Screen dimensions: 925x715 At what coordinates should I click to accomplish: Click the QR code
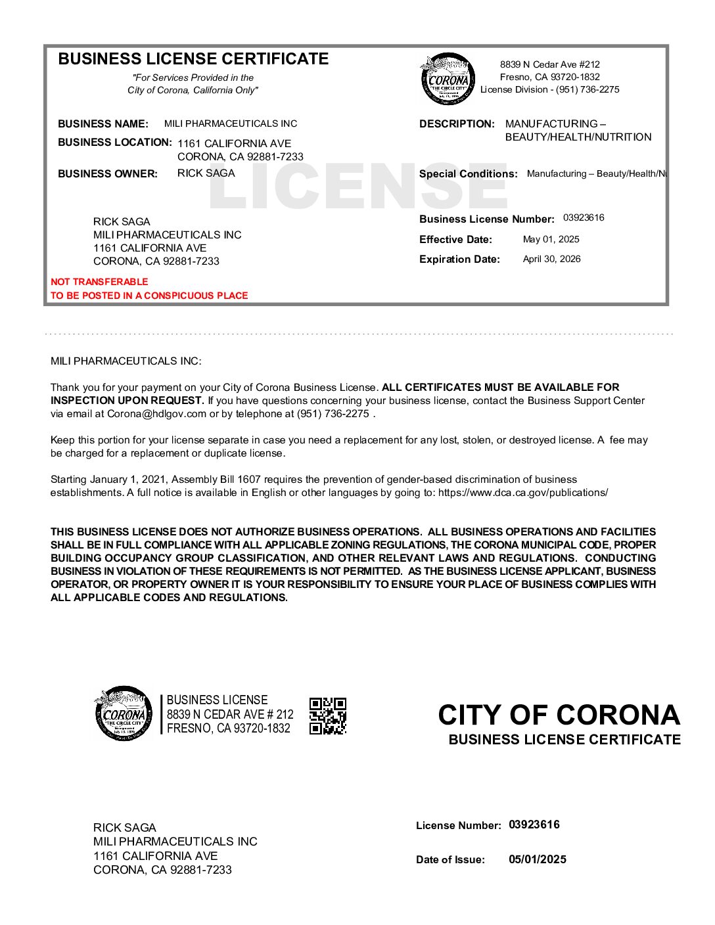tap(328, 715)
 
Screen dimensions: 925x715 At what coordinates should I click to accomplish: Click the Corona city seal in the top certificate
tap(448, 79)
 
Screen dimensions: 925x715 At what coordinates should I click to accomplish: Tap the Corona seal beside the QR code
tap(124, 714)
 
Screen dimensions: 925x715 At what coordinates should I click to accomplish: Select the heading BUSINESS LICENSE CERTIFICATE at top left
tap(193, 59)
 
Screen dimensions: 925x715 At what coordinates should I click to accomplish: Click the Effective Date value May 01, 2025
tap(551, 239)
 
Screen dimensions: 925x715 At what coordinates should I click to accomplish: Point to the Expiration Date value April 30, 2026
tap(551, 259)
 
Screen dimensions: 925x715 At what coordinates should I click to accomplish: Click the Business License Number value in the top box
tap(584, 217)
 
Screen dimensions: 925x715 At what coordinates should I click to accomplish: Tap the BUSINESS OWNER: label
tap(108, 174)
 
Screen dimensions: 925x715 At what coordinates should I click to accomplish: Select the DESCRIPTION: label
tap(457, 124)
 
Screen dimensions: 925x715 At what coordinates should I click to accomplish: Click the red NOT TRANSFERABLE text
tap(99, 282)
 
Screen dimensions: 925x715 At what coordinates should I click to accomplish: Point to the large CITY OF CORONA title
tap(559, 715)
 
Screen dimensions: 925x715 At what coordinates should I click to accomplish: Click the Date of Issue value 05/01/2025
tap(537, 859)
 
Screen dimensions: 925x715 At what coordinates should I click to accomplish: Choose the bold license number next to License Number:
tap(534, 824)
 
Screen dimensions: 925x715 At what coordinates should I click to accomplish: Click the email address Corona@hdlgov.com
tap(156, 414)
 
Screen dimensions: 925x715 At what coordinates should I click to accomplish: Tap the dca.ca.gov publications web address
tap(522, 493)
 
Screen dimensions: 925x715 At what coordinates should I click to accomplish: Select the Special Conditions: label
tap(468, 174)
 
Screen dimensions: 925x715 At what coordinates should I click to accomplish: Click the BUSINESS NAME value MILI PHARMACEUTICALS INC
tap(230, 124)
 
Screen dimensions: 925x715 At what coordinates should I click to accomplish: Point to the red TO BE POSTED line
tap(149, 296)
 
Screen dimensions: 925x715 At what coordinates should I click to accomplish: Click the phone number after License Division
tap(588, 89)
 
